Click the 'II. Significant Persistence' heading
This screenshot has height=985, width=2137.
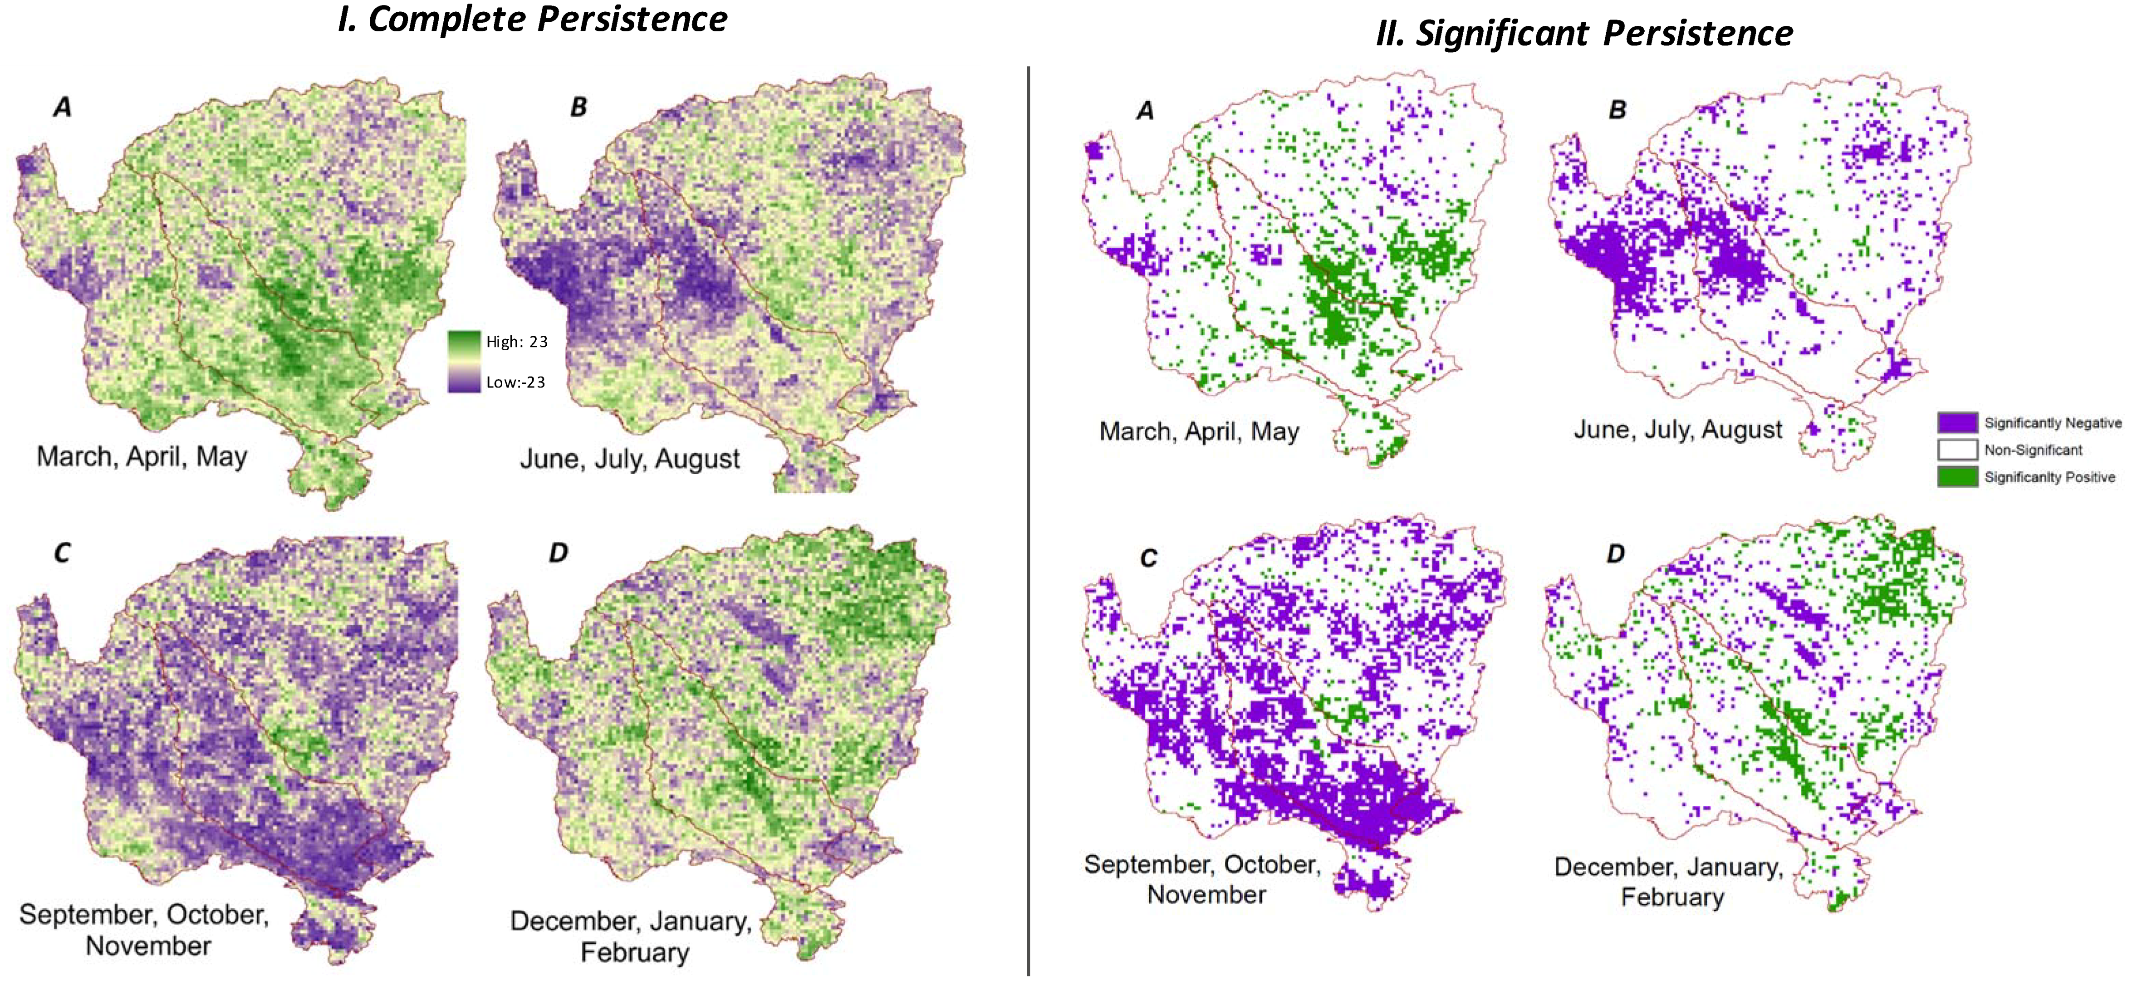point(1583,33)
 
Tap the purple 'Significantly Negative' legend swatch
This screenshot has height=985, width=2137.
point(1957,422)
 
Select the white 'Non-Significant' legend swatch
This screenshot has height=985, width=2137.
point(1957,450)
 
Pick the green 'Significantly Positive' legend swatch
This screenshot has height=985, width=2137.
point(1957,477)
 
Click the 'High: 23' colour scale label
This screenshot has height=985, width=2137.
point(516,341)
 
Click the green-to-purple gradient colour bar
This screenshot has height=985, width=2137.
point(464,362)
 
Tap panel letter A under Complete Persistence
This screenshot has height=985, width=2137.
point(62,107)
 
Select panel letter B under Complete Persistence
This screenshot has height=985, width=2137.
point(578,107)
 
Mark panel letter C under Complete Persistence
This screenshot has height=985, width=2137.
point(62,554)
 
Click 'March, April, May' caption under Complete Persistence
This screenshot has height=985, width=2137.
point(142,456)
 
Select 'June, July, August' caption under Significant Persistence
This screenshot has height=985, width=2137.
point(1677,430)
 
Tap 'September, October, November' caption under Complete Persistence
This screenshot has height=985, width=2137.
point(144,929)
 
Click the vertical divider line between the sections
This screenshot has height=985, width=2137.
point(1028,523)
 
